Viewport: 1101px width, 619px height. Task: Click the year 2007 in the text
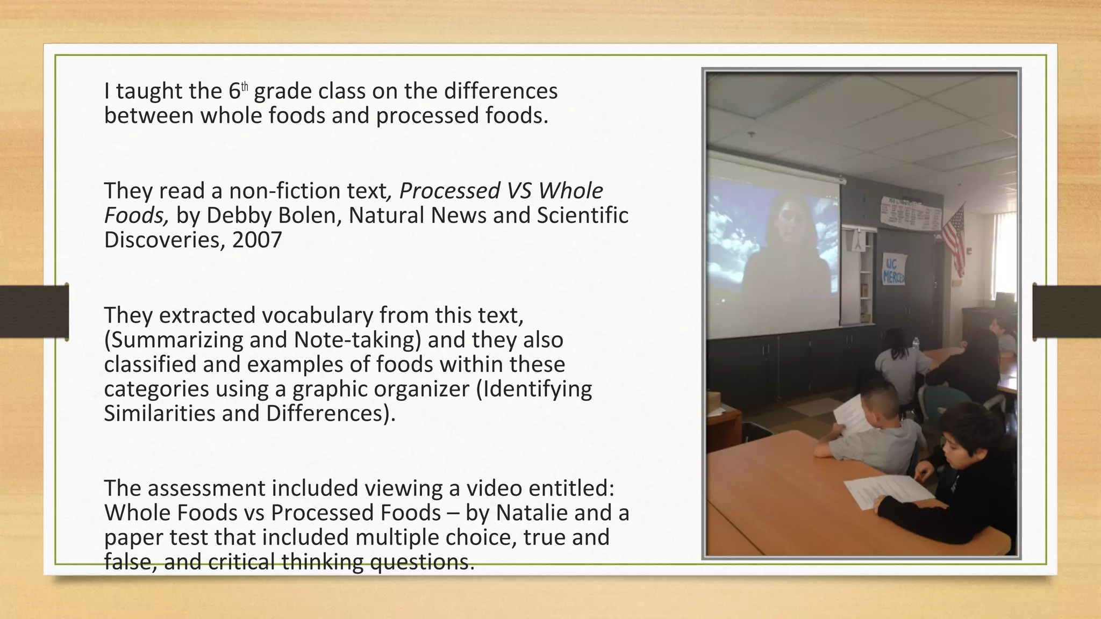pos(257,240)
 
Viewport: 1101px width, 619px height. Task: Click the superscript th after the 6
pos(245,86)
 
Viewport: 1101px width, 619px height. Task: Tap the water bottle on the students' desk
pos(916,344)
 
